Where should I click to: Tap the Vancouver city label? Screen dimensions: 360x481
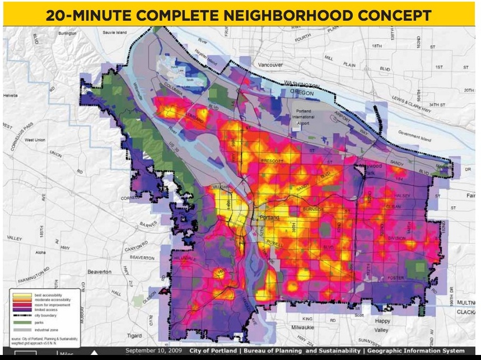(x=270, y=65)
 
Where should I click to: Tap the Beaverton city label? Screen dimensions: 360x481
(x=100, y=272)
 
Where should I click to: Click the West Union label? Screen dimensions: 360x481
(x=35, y=140)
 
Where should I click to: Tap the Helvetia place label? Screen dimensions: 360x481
(x=10, y=96)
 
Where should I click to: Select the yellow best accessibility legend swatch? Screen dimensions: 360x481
(x=22, y=294)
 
